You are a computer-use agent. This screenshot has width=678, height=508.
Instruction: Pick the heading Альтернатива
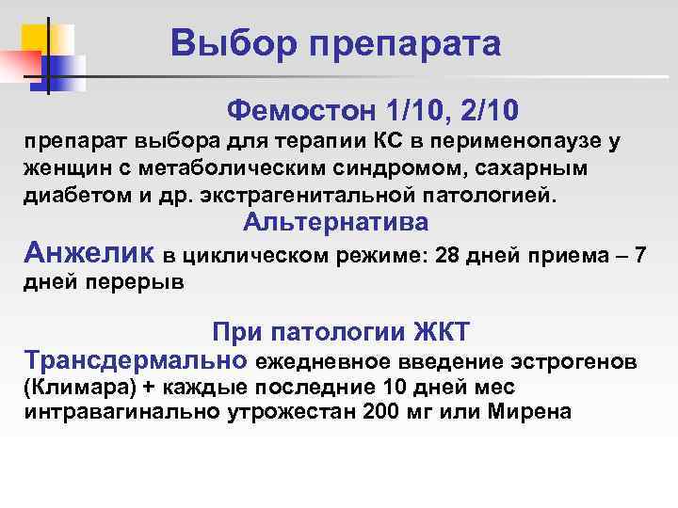[x=335, y=223]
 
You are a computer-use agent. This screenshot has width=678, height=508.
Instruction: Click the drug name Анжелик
[x=90, y=252]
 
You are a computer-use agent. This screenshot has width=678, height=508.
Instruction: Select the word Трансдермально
[x=136, y=360]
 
